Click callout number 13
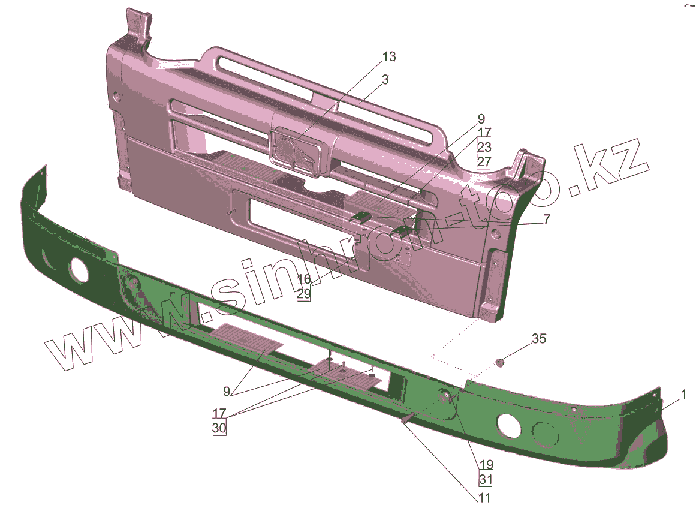(x=388, y=57)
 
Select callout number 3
(x=385, y=80)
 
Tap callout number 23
(x=484, y=146)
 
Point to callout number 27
(x=484, y=161)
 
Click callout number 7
(x=546, y=219)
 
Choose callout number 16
(x=304, y=279)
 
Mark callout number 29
(x=304, y=294)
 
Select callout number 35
(x=539, y=339)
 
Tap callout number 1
(x=683, y=394)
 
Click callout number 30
(x=219, y=428)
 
